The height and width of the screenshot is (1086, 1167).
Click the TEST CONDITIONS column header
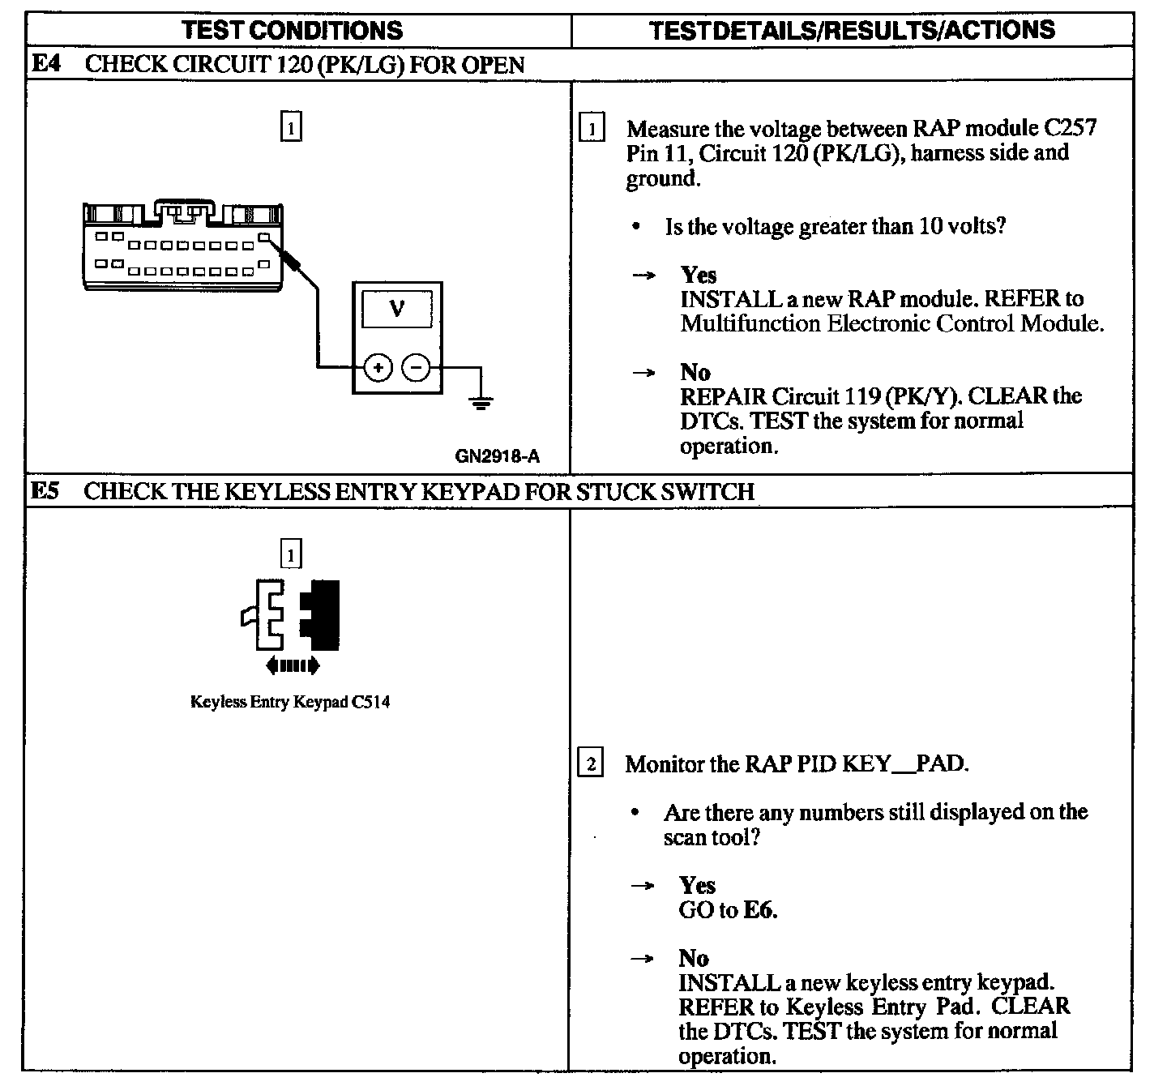292,30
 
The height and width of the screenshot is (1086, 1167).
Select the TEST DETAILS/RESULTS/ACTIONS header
852,30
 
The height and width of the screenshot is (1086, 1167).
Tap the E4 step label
45,64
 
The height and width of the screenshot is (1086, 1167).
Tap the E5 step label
45,491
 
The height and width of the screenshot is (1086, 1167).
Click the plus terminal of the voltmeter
378,368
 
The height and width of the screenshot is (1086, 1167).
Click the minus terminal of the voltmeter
417,368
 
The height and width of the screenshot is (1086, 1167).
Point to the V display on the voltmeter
397,309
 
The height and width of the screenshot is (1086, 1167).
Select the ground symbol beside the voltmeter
481,402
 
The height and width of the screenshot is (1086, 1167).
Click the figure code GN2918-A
497,455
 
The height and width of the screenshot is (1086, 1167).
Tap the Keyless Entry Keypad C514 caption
290,702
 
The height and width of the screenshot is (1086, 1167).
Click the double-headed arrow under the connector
293,666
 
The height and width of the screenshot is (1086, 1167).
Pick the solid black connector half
321,614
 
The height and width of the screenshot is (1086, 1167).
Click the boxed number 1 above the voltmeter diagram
291,127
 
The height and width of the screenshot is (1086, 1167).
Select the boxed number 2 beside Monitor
590,763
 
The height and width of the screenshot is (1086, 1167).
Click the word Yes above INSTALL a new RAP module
699,275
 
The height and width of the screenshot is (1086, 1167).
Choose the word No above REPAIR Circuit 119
695,372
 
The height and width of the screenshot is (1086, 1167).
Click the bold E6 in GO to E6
759,910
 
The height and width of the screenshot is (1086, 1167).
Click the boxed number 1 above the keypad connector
291,554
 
